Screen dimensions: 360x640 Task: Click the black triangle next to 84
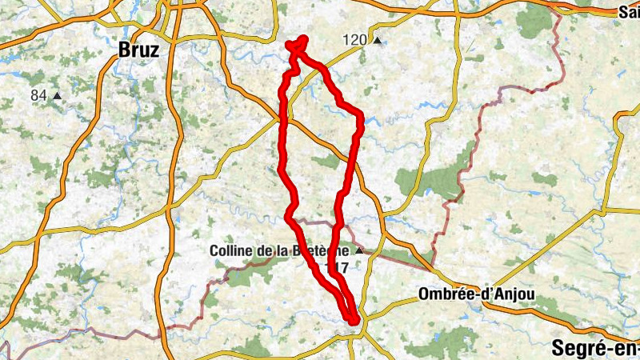[58, 97]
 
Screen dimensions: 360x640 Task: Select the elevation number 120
[354, 40]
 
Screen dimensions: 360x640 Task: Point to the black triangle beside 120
[377, 41]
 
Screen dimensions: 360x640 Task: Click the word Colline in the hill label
[230, 250]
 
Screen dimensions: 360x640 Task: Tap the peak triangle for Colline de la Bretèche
[359, 251]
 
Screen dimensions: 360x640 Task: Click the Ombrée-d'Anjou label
[475, 295]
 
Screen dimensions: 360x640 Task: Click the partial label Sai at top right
[629, 12]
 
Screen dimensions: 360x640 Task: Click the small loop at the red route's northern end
[298, 45]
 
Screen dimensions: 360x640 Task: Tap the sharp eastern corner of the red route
[361, 118]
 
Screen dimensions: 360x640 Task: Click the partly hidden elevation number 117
[338, 268]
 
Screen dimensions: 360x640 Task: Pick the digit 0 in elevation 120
[362, 40]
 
